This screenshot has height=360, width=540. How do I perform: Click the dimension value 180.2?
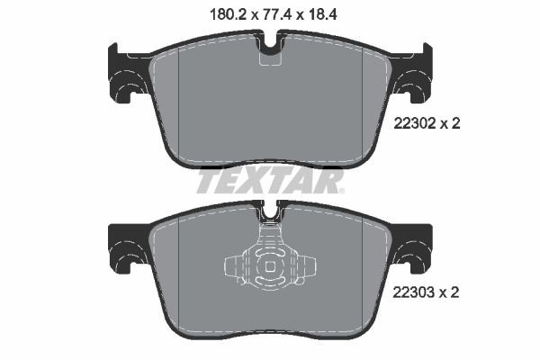(213, 13)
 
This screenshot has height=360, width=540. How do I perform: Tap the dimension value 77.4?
(270, 13)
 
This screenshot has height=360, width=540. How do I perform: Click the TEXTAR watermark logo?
(270, 182)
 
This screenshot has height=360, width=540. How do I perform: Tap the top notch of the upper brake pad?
(270, 45)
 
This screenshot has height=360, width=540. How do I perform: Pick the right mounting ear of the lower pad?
(415, 245)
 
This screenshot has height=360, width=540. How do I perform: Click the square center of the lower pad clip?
(270, 267)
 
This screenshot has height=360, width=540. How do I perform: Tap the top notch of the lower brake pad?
(270, 214)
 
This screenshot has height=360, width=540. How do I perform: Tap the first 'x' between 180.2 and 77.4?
(242, 14)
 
